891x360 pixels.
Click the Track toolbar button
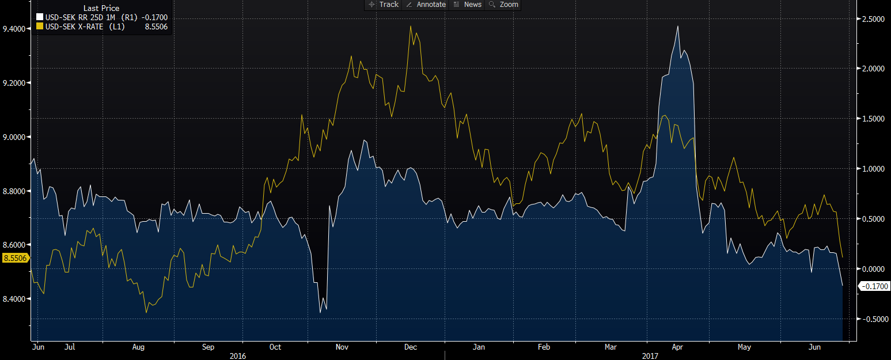click(x=384, y=5)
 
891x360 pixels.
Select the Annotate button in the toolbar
click(x=426, y=5)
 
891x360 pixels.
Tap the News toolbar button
click(x=468, y=5)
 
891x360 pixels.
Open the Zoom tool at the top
click(x=503, y=5)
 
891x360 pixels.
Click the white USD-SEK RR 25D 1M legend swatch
click(x=40, y=17)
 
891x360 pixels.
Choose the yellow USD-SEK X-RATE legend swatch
click(x=40, y=26)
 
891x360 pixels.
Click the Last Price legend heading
click(x=101, y=8)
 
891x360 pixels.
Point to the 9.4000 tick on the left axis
click(x=14, y=29)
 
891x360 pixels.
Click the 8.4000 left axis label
click(x=14, y=299)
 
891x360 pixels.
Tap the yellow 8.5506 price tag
click(x=15, y=258)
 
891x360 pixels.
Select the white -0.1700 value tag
click(x=874, y=286)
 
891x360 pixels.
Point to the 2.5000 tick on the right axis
click(x=873, y=19)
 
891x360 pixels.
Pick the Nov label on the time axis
click(x=342, y=347)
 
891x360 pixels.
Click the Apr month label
click(x=677, y=347)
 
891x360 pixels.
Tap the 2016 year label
click(x=238, y=356)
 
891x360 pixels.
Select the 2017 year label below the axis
click(x=650, y=356)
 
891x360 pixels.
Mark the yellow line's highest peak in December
click(x=411, y=26)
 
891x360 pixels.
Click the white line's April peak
click(x=678, y=26)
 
